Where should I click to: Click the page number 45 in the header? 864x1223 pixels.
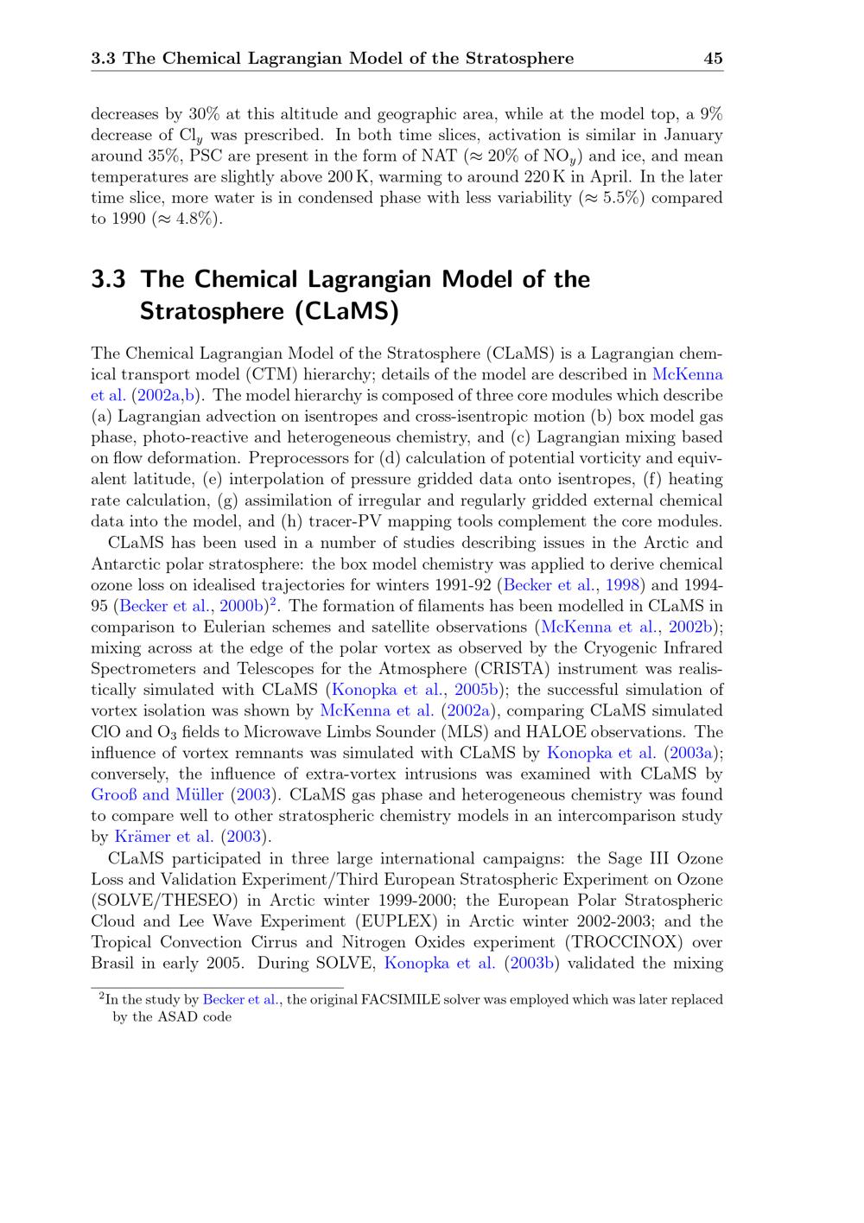coord(713,59)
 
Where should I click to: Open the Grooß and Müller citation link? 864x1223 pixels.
coord(157,794)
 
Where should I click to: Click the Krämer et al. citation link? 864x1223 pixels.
coord(163,837)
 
